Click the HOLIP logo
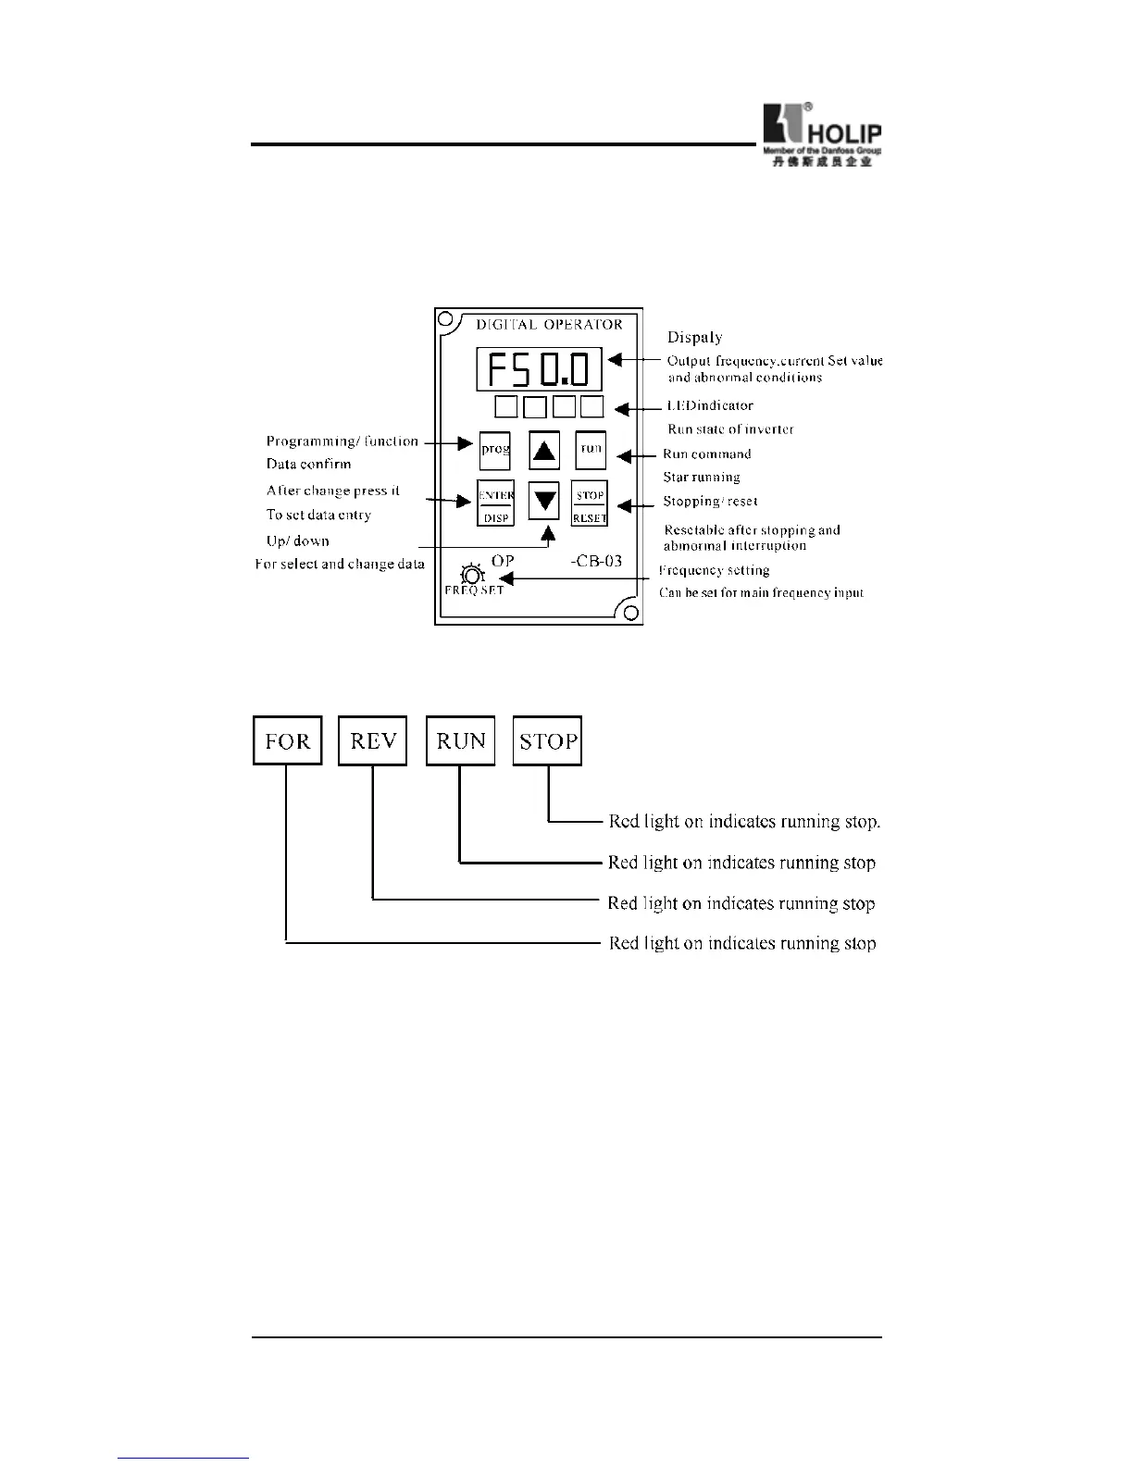click(x=820, y=134)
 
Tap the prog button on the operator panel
click(x=495, y=450)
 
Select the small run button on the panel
click(x=591, y=450)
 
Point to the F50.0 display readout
click(x=539, y=370)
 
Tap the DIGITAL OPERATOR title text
click(x=549, y=325)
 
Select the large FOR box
click(x=288, y=740)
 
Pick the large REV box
click(x=373, y=740)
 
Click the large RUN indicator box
click(x=461, y=740)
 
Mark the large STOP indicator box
click(x=548, y=740)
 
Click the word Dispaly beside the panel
click(x=694, y=338)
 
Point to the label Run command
click(x=707, y=454)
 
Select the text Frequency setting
click(x=714, y=571)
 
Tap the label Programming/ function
click(x=342, y=441)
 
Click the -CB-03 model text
click(x=596, y=561)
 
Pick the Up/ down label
click(x=298, y=541)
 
